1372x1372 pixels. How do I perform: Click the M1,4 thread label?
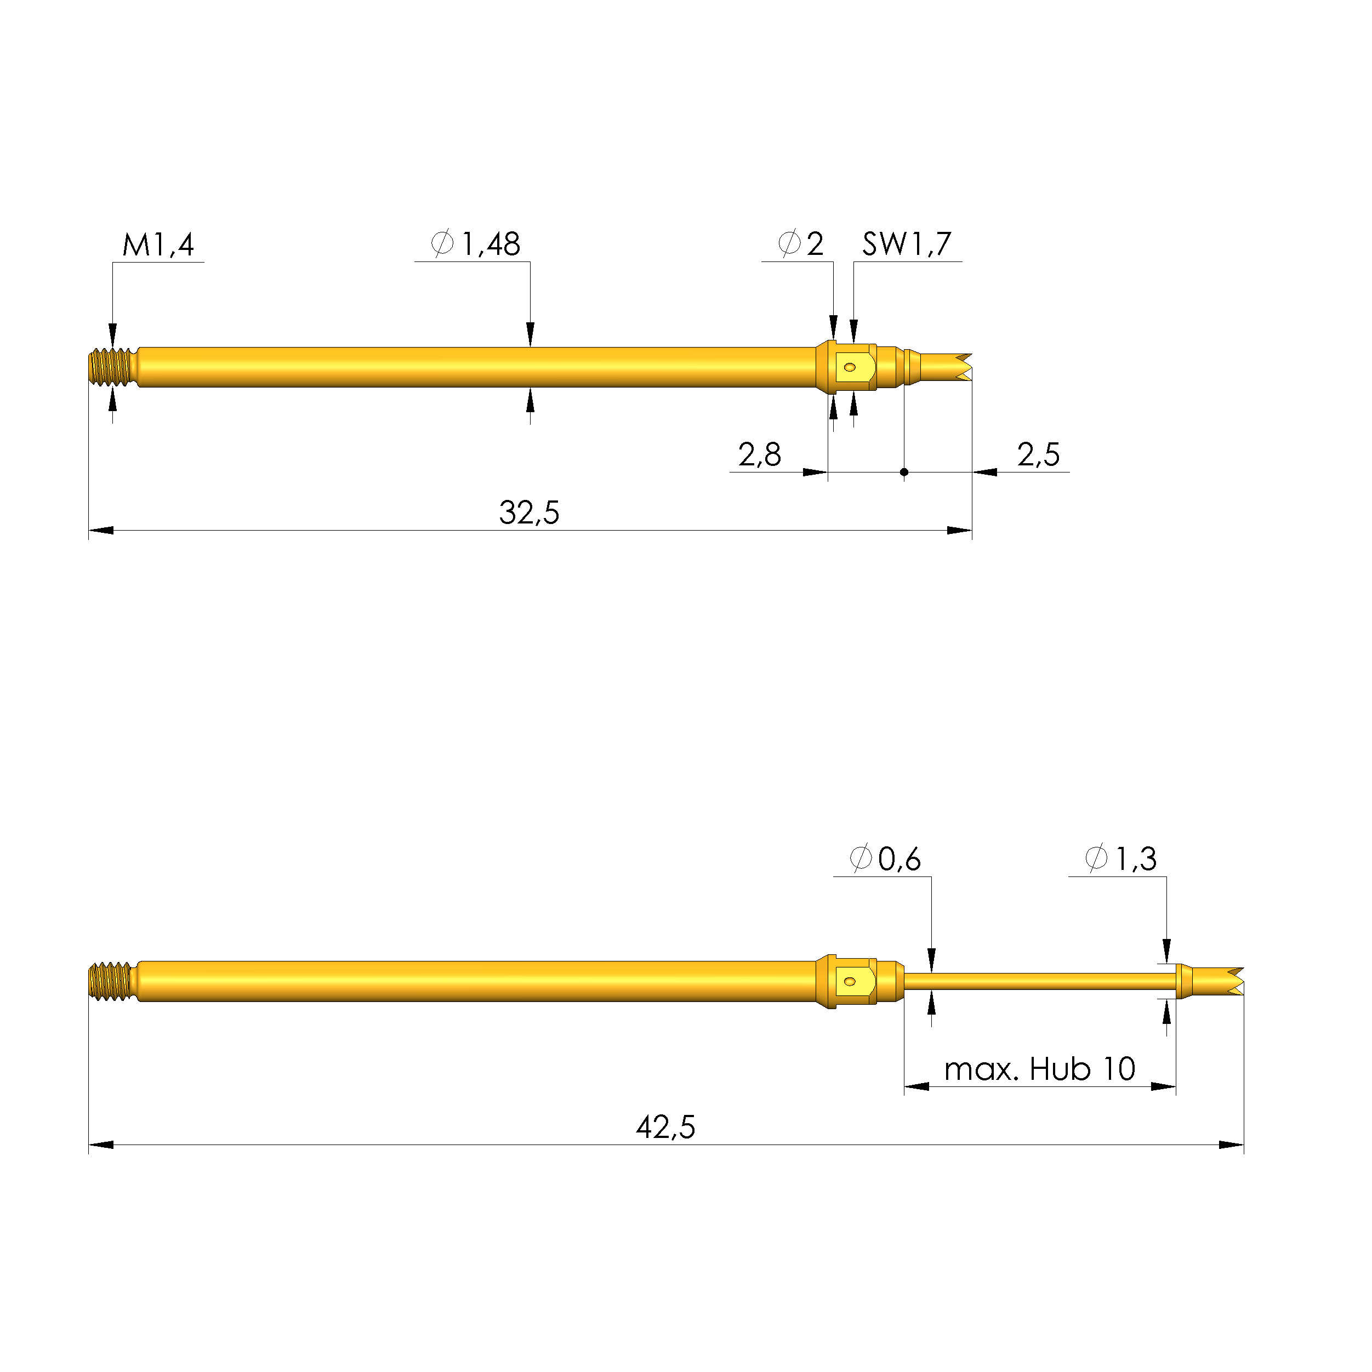pyautogui.click(x=158, y=245)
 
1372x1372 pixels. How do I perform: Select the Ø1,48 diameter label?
pyautogui.click(x=476, y=244)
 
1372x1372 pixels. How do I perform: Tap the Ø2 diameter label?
pyautogui.click(x=801, y=244)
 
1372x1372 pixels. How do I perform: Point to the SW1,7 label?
pyautogui.click(x=906, y=244)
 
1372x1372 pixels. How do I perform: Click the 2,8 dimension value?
pyautogui.click(x=759, y=454)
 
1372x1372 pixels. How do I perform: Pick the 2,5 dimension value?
pyautogui.click(x=1038, y=454)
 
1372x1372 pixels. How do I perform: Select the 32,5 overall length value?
pyautogui.click(x=529, y=513)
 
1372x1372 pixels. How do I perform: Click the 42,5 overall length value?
pyautogui.click(x=665, y=1127)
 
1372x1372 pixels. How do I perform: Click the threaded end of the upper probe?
pyautogui.click(x=113, y=367)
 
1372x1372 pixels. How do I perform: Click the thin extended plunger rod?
pyautogui.click(x=1037, y=981)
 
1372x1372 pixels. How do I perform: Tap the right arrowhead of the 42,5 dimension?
pyautogui.click(x=1233, y=1145)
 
